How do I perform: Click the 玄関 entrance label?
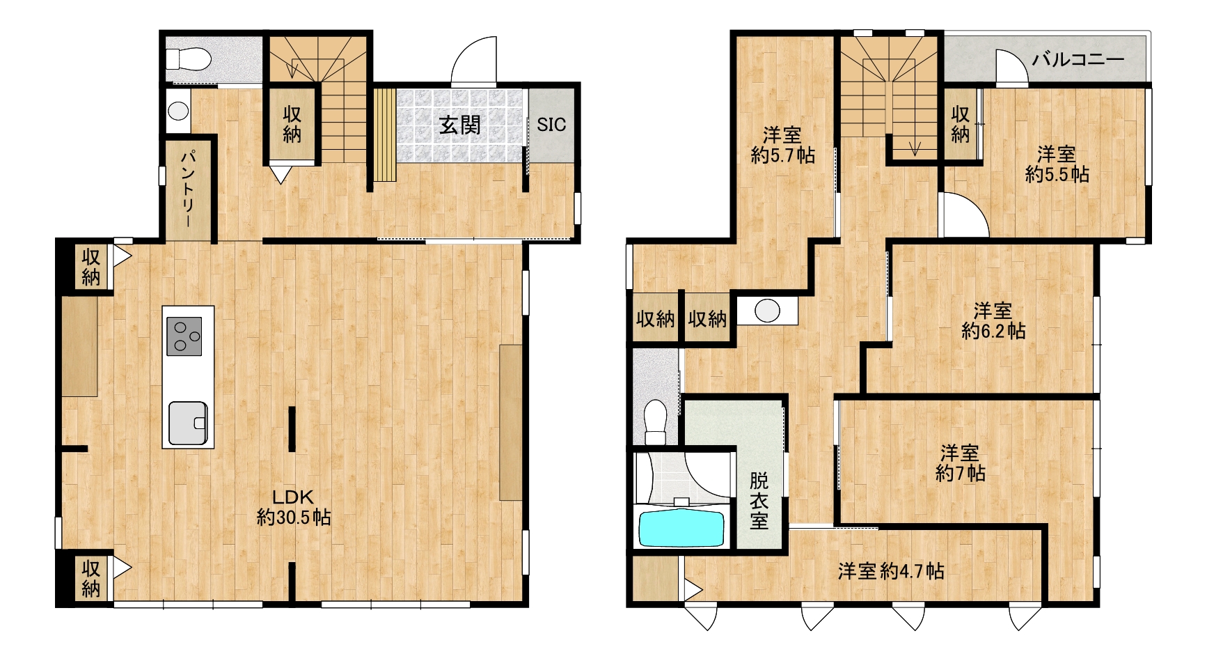point(460,125)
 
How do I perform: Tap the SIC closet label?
point(551,125)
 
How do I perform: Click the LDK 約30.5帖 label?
point(293,508)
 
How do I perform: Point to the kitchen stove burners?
point(184,336)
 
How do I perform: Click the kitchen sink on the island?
point(188,422)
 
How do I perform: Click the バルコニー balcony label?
point(1078,59)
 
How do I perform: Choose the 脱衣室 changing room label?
point(759,501)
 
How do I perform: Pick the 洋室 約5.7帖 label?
point(782,145)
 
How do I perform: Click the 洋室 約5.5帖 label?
point(1057,164)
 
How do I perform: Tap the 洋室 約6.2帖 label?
point(993,320)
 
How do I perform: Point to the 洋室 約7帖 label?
point(960,463)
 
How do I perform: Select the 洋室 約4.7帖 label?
point(891,571)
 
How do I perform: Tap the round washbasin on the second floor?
point(767,311)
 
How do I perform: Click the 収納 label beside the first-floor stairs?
point(292,124)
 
